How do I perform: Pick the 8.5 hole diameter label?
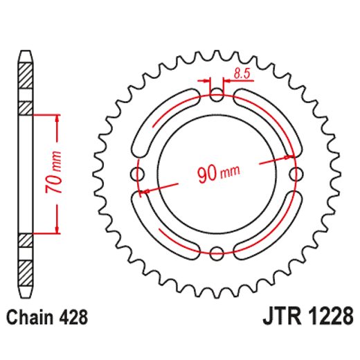[243, 71]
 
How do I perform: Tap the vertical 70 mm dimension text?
[58, 173]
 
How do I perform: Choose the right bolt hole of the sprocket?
[296, 173]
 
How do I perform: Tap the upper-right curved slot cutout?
[275, 118]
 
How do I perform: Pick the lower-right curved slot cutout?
[275, 228]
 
